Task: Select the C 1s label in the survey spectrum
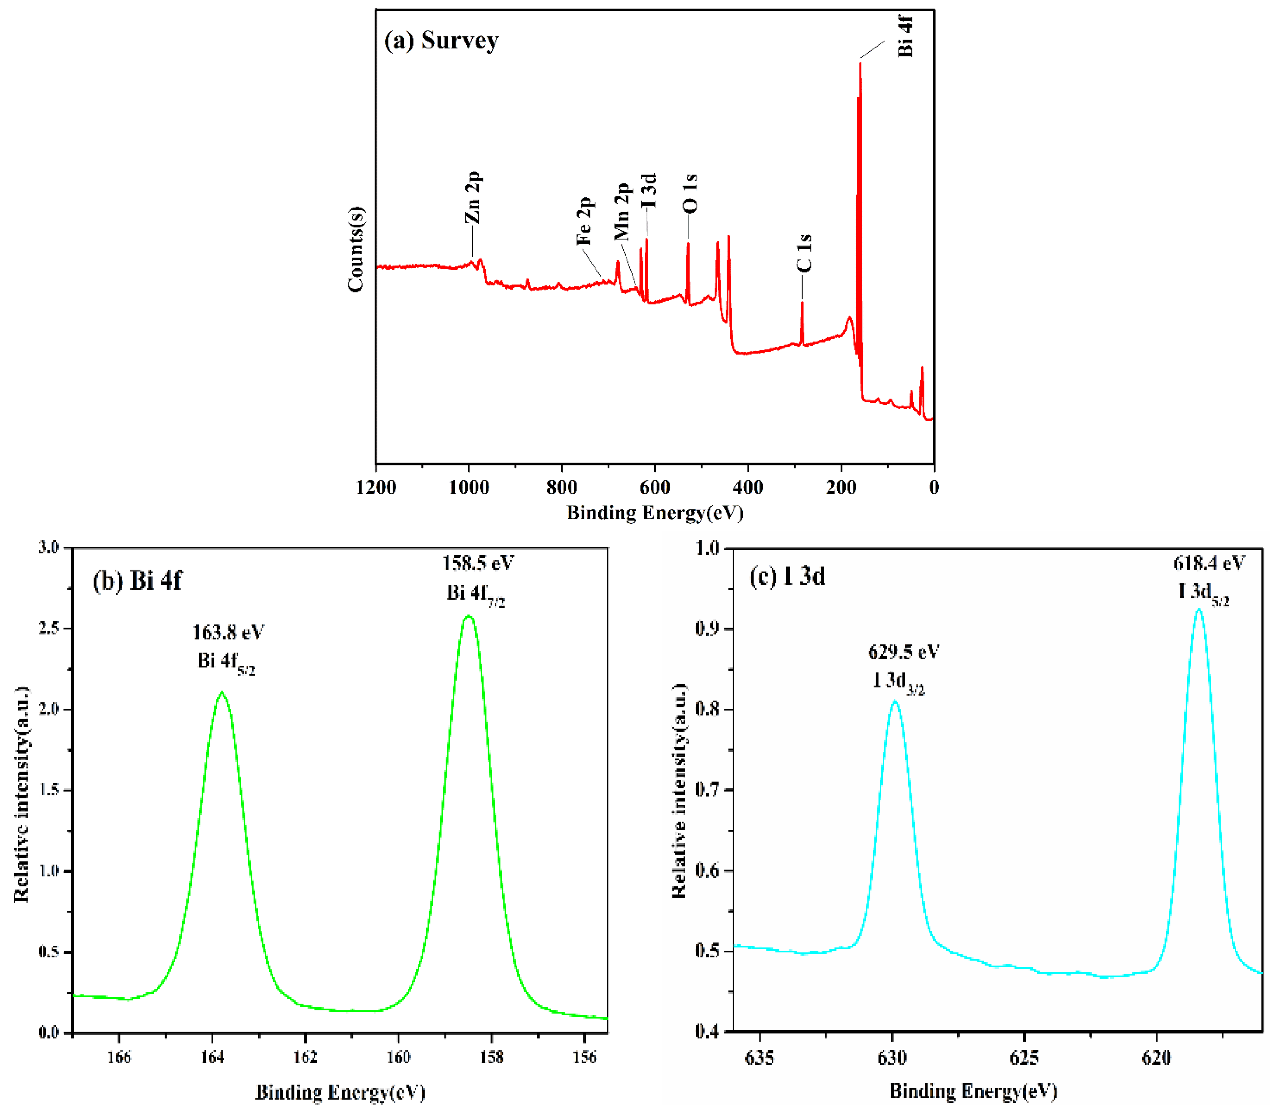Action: [804, 253]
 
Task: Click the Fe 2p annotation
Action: [584, 222]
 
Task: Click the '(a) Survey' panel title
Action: [441, 41]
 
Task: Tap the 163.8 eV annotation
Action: [228, 633]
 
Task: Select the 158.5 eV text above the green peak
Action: [478, 564]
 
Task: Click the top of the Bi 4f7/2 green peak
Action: [469, 617]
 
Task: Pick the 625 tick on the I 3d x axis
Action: [1025, 1058]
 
